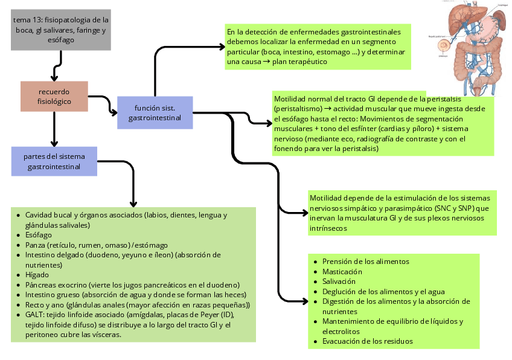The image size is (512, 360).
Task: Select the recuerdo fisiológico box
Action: (54, 97)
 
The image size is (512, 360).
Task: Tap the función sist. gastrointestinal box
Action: (155, 112)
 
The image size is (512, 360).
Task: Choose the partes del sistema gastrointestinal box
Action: (54, 161)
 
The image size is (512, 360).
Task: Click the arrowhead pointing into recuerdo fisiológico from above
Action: (54, 78)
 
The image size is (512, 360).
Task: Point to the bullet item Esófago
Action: (39, 235)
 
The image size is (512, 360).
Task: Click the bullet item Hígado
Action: (37, 274)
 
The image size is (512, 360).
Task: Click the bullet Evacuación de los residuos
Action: (368, 341)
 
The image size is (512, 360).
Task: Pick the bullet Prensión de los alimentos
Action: (366, 262)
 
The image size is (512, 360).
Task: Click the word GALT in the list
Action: (34, 315)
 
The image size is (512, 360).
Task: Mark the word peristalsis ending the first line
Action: (426, 98)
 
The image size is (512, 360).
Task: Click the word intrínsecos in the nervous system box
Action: (329, 228)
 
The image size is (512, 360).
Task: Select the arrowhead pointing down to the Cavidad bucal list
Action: (133, 203)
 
